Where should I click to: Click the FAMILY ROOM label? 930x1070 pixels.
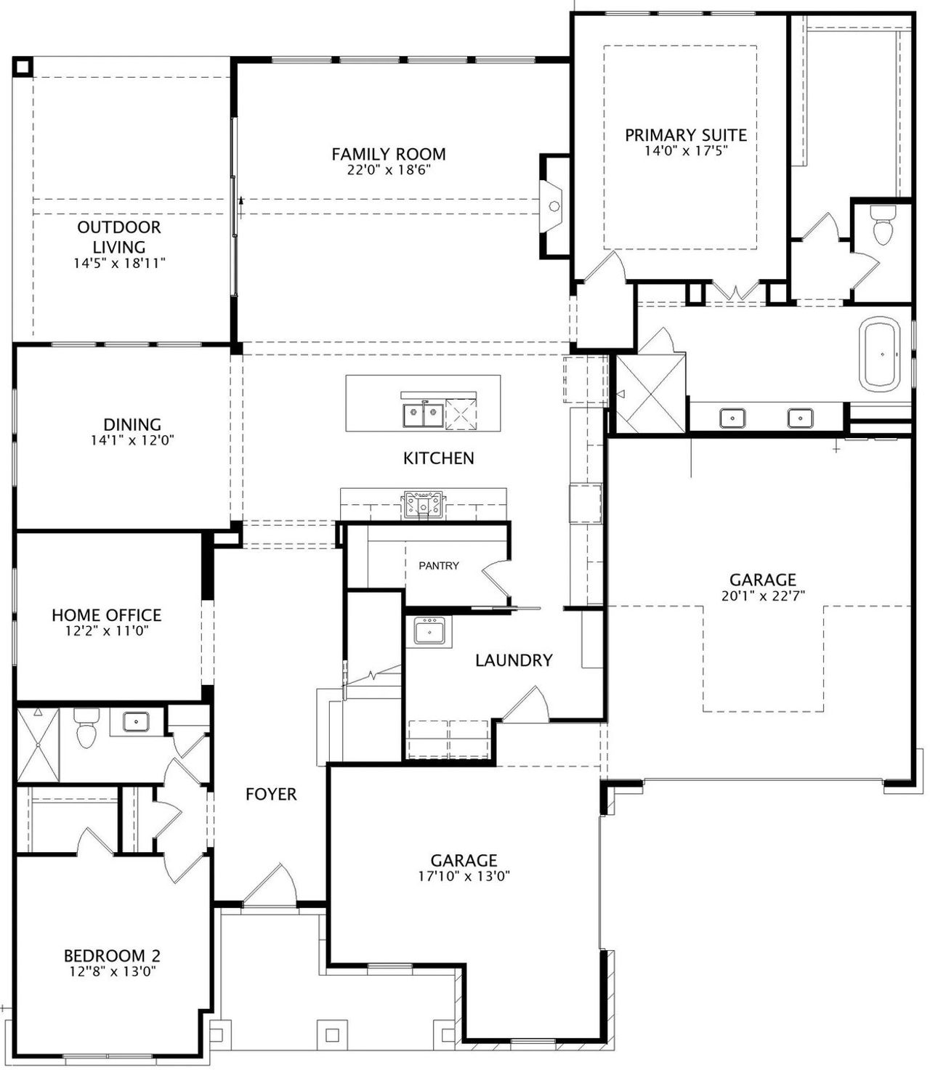point(389,154)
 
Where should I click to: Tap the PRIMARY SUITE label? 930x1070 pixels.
point(686,135)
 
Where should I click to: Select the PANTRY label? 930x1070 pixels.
point(439,565)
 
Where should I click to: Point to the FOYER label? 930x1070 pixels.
point(271,795)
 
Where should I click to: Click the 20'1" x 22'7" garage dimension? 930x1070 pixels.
point(763,595)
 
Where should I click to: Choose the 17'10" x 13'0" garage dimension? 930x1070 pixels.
point(464,876)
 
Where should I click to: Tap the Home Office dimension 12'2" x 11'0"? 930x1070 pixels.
point(107,631)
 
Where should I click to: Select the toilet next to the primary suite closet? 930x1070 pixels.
point(883,225)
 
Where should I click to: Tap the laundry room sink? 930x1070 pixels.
point(429,631)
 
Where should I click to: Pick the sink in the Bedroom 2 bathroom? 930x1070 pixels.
point(136,722)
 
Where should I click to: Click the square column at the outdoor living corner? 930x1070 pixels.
point(22,67)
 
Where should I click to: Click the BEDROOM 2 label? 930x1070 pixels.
point(112,956)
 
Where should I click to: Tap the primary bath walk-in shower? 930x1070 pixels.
point(651,393)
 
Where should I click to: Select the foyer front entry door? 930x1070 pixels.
point(270,886)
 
